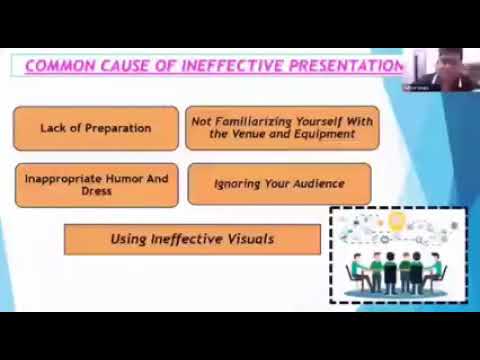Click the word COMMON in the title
point(56,67)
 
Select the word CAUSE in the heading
point(114,67)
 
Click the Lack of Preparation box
point(96,128)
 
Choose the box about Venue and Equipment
point(282,127)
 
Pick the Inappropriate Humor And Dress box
point(96,184)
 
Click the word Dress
point(96,191)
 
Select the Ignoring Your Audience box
point(279,184)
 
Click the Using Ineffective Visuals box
point(192,239)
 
